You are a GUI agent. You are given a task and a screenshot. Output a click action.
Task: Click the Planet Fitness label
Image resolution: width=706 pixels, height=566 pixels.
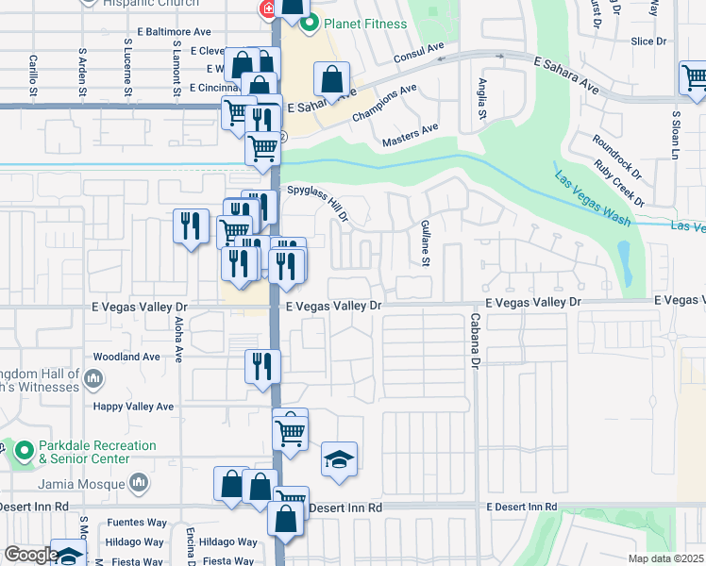(366, 24)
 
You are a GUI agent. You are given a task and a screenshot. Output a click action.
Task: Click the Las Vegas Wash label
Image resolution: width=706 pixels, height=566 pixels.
(592, 200)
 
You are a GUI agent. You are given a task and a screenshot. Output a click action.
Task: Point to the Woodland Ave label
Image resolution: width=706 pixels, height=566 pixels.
(126, 358)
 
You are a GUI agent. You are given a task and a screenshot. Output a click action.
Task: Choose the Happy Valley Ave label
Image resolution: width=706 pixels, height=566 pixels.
(133, 407)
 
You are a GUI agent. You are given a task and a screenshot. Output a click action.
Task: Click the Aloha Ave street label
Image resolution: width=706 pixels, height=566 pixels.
(178, 339)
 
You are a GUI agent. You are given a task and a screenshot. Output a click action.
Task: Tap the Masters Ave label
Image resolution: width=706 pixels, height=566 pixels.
(411, 135)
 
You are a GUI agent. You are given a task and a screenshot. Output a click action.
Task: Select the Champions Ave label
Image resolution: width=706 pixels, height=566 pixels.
(384, 104)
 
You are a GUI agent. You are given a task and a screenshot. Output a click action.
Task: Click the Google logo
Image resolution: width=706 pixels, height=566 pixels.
(30, 555)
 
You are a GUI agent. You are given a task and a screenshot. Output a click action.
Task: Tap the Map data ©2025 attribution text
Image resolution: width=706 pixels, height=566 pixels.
(665, 558)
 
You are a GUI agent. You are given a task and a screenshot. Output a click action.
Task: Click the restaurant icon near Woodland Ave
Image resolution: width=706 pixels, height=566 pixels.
(262, 365)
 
